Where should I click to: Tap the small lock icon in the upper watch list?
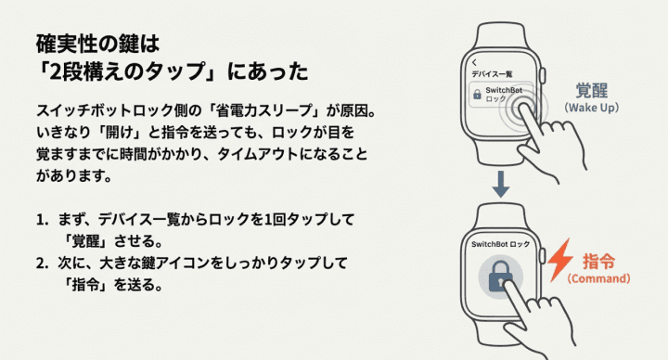tap(476, 93)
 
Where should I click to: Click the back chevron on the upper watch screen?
tap(473, 62)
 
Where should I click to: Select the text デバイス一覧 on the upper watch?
tap(492, 73)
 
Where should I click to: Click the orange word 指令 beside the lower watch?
tap(598, 261)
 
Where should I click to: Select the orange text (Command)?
tap(598, 278)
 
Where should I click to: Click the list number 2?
tap(42, 263)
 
